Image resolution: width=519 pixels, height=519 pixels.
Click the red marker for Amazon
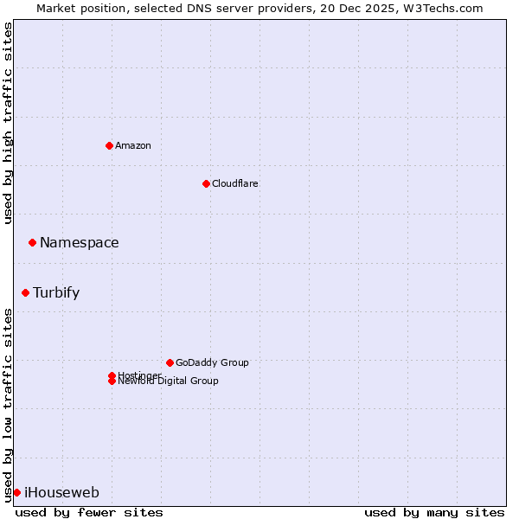[109, 145]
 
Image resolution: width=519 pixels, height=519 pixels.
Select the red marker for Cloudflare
[206, 183]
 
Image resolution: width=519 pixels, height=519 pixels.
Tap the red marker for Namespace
[32, 243]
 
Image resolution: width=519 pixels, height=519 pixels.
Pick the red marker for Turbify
[25, 292]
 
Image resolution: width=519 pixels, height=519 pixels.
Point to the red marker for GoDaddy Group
[170, 362]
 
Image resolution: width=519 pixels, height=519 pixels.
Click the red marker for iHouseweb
[16, 492]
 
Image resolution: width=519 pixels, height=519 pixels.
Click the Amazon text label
[133, 145]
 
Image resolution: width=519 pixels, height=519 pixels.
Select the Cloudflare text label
[235, 183]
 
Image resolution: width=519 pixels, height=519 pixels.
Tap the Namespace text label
[80, 243]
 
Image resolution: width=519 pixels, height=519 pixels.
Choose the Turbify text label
[56, 292]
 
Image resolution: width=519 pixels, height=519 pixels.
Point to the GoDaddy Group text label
[212, 362]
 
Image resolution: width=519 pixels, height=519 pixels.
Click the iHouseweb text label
[61, 493]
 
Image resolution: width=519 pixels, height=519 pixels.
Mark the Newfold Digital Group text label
[169, 381]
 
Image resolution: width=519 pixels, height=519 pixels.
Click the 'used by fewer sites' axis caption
[89, 512]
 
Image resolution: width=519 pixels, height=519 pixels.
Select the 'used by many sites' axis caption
[434, 512]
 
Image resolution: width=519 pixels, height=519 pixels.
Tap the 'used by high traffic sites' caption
[8, 123]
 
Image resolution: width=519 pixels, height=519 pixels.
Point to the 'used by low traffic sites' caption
[8, 405]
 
